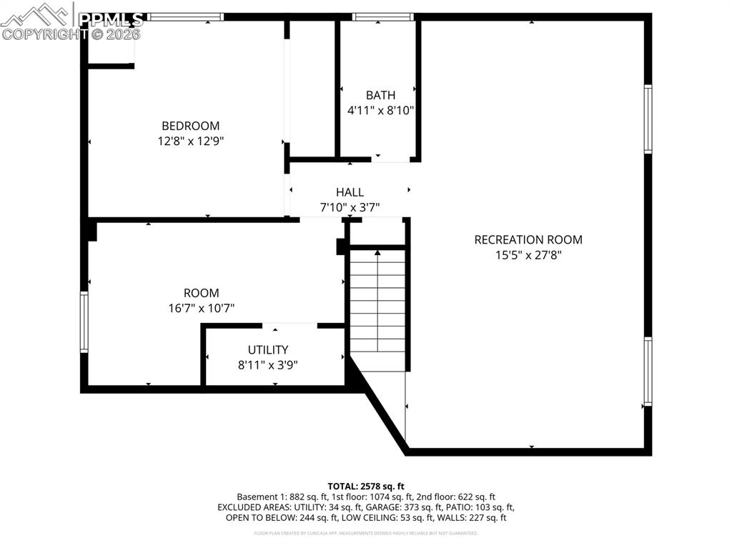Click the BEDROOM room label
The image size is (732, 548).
[190, 126]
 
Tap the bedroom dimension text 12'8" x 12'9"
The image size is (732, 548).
[190, 141]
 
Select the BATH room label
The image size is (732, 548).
[380, 95]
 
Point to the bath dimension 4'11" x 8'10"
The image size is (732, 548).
[380, 111]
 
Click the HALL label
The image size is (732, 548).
[350, 192]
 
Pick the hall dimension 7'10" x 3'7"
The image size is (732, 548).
[350, 208]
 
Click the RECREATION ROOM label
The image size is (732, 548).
[528, 239]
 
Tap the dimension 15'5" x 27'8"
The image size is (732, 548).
[528, 255]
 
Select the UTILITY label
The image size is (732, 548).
[268, 349]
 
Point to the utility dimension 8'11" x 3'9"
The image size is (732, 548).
[268, 365]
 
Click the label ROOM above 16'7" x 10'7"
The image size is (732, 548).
[201, 293]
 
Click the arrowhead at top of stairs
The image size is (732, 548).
[377, 251]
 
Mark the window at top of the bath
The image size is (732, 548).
[383, 17]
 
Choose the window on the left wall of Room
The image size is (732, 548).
[84, 322]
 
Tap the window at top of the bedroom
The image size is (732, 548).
[186, 17]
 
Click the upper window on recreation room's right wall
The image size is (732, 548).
[648, 119]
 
